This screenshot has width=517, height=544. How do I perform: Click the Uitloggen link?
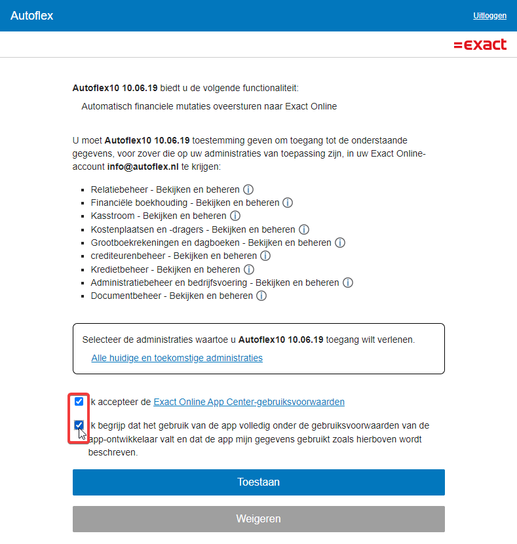(489, 16)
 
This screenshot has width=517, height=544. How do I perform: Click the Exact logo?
(480, 45)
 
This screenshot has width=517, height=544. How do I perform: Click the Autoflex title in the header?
(31, 16)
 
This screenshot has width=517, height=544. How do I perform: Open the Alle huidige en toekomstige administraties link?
(177, 358)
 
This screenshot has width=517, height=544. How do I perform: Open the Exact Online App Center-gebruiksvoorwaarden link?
(249, 402)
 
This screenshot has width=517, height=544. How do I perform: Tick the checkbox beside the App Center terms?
(79, 401)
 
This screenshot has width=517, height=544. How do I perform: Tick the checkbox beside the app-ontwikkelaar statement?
(79, 425)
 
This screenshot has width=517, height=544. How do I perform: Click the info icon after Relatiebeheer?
(248, 189)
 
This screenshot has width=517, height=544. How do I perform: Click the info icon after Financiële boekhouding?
(288, 203)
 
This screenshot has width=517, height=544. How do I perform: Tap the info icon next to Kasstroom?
(235, 216)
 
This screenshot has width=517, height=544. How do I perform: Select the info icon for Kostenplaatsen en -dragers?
(304, 229)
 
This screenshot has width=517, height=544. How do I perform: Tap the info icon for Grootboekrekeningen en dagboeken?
(340, 243)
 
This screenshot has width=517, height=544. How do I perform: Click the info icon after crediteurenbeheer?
(265, 256)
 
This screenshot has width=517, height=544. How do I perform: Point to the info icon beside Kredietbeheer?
(248, 269)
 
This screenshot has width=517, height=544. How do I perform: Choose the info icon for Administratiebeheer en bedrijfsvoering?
(348, 282)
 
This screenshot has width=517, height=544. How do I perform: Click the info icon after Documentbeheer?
(261, 296)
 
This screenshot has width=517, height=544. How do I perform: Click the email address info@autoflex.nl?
(143, 166)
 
